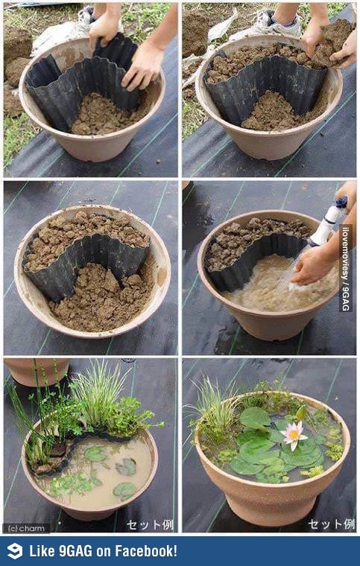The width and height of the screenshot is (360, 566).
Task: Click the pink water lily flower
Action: coord(294,436)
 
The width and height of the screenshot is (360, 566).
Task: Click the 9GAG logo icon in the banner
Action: coord(15,551)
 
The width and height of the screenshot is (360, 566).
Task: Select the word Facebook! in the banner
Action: coord(146,551)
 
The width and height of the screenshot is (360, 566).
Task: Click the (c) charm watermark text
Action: coord(24,529)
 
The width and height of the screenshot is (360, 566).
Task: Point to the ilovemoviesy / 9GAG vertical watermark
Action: coord(346,268)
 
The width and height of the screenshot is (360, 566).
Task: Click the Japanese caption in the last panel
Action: coord(331,524)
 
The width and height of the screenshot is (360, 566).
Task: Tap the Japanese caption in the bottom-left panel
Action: coord(150,525)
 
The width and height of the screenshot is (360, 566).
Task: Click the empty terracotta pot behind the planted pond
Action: coord(37,372)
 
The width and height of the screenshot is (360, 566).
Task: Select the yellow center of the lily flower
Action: coord(294,434)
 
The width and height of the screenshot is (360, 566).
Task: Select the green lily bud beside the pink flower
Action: coord(300,413)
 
